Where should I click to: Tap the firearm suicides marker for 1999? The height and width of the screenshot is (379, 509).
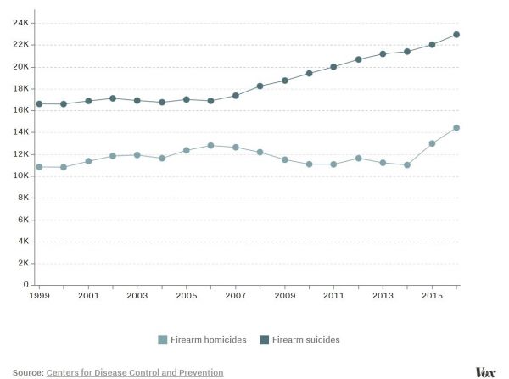(39, 103)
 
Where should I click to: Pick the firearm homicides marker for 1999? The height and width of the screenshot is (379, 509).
(39, 167)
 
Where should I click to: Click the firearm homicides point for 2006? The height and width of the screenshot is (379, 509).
(212, 146)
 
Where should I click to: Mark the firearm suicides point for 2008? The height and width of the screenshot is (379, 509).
(261, 86)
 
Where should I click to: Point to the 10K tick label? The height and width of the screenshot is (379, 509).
(22, 176)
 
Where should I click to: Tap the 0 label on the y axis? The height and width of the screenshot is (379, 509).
(26, 285)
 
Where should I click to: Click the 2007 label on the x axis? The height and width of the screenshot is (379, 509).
(236, 297)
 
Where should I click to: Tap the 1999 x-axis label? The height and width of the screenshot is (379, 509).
(39, 297)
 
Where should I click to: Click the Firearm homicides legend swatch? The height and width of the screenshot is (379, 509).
(163, 340)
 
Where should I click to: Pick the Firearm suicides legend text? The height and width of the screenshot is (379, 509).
(306, 340)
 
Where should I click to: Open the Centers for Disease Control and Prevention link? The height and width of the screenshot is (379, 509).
(135, 372)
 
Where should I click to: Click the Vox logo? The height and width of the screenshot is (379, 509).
(485, 371)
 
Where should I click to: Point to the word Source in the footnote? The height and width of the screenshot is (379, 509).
(27, 372)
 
